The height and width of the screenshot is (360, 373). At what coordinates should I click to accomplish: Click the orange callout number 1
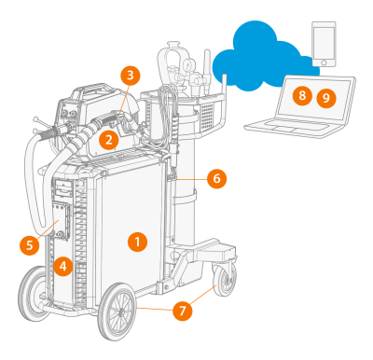pos(137,242)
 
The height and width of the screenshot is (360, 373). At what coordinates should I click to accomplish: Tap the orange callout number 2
pos(109,140)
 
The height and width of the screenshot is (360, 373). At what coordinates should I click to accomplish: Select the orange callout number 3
pos(131,76)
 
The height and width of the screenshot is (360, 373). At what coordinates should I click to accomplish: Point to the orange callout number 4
pos(62,267)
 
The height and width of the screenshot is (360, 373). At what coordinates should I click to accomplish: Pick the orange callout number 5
pos(30,245)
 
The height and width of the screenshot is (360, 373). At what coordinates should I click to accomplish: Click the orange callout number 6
pos(216,178)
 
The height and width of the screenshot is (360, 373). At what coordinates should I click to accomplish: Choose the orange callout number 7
pos(183,311)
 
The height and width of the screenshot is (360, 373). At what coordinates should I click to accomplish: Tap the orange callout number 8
pos(302,95)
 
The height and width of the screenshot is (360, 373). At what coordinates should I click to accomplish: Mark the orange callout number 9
pos(326,98)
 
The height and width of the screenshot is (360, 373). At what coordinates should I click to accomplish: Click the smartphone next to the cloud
pos(324,44)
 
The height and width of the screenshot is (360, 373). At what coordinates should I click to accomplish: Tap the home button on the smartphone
pos(324,62)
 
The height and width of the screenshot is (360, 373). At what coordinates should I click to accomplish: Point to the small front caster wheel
pos(225,280)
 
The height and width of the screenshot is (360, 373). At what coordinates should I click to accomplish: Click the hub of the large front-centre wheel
pos(120,312)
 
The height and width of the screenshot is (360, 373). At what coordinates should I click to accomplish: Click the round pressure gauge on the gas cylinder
pos(188,63)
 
